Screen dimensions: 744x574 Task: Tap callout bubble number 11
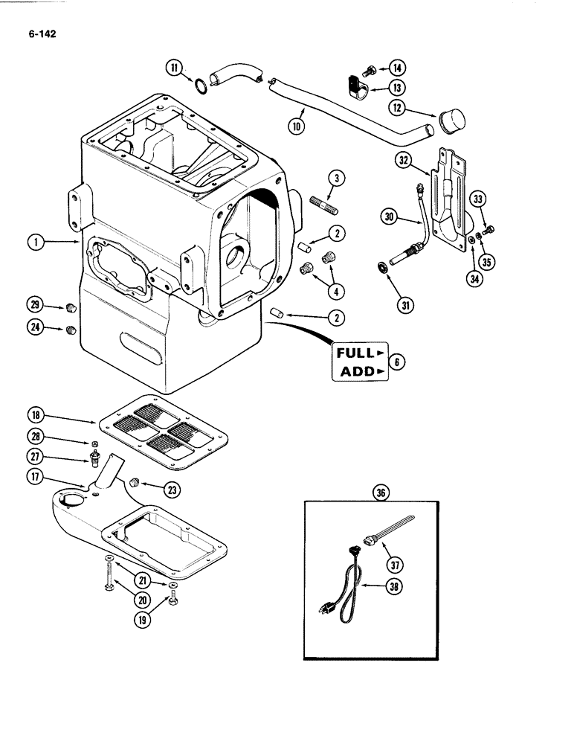(174, 69)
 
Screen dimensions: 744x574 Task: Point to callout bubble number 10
(298, 125)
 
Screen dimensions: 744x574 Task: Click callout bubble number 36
(381, 493)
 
